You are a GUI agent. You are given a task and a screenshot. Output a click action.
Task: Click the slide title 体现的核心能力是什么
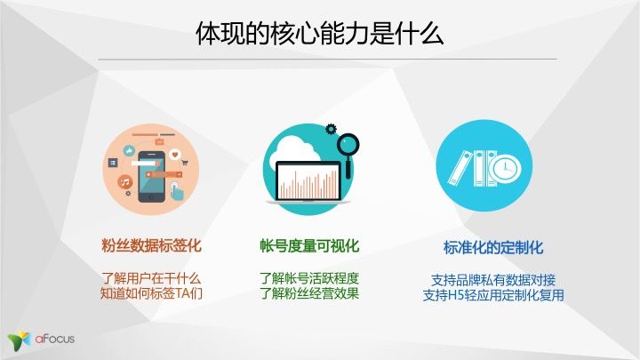(320, 34)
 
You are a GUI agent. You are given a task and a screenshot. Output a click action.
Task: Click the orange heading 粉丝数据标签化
(151, 245)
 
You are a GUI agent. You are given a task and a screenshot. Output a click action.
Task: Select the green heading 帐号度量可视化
(309, 245)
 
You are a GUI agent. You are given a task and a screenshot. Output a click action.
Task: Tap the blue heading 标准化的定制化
(493, 248)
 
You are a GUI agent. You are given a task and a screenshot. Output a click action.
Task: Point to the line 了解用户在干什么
(151, 279)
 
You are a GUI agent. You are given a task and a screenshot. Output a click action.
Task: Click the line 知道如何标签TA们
(151, 293)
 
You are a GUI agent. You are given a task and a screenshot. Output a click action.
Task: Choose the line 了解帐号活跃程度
(309, 279)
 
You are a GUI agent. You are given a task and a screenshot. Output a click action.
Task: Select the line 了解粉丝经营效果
(309, 293)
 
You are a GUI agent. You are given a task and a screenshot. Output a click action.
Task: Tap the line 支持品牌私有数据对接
(493, 280)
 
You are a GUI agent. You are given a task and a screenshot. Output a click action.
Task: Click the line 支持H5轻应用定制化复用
(493, 295)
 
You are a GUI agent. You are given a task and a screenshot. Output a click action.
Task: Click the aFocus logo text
(55, 339)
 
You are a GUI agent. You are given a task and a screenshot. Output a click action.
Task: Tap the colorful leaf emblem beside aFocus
(19, 340)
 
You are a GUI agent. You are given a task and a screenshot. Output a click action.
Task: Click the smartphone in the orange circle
(151, 176)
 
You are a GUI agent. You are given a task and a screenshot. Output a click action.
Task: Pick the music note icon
(125, 181)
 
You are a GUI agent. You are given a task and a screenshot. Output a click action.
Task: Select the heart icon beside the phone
(175, 155)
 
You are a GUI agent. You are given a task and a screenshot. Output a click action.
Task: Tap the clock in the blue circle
(505, 167)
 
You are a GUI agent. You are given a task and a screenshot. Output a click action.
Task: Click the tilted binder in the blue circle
(460, 168)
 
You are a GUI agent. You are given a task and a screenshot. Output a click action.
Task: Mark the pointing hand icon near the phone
(177, 191)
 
